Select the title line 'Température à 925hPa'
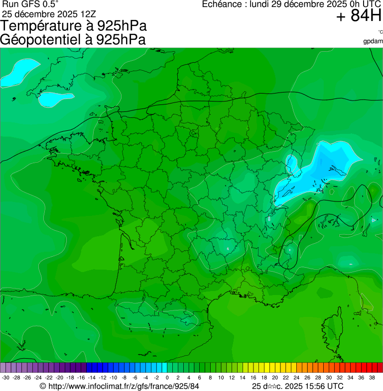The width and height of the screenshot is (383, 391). (74, 26)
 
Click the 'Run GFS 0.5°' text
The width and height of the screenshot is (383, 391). (30, 4)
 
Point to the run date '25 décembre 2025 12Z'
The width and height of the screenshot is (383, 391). (49, 13)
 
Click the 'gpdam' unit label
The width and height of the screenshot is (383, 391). (373, 41)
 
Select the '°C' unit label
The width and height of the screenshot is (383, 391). (380, 32)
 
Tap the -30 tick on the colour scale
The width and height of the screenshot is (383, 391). (5, 378)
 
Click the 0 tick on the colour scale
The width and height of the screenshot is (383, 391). (167, 378)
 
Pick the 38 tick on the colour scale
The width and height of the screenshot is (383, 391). (372, 378)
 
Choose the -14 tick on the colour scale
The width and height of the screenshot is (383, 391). (92, 378)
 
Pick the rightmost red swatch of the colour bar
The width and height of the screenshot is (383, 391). (380, 368)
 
